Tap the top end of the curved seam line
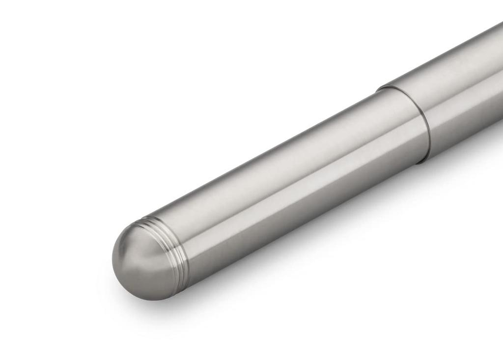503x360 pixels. coord(379,89)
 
